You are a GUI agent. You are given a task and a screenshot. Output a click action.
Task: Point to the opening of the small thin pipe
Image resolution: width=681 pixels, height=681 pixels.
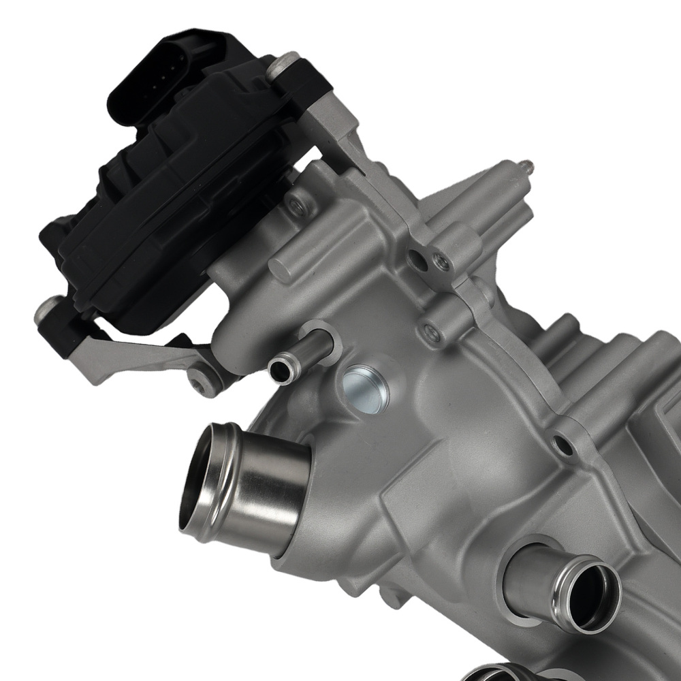281,370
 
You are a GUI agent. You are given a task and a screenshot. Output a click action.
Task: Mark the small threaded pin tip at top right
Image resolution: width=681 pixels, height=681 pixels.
526,164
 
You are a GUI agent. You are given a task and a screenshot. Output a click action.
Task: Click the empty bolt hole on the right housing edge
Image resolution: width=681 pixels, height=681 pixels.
563,446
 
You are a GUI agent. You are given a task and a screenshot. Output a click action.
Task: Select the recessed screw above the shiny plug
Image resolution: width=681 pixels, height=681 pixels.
430,332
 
